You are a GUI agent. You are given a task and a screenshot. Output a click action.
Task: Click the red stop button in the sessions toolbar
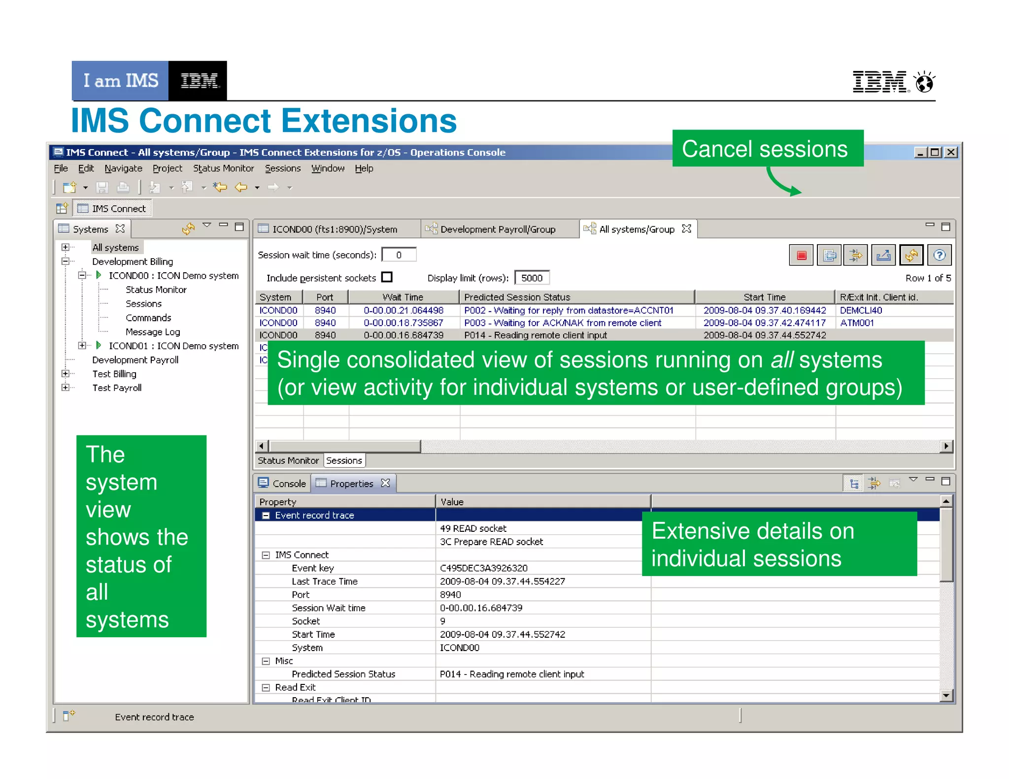click(801, 255)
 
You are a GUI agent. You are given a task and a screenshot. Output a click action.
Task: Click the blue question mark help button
click(939, 255)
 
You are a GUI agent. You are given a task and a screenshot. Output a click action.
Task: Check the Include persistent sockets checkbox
click(387, 277)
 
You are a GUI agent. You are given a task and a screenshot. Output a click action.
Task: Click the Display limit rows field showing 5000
click(532, 278)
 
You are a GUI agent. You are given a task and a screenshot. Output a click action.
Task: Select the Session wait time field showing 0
click(399, 255)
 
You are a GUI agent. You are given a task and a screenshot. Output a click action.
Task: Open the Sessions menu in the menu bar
click(282, 168)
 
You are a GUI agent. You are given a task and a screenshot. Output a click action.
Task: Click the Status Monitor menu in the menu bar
click(223, 168)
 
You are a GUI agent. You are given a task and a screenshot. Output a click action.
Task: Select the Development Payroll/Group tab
click(498, 229)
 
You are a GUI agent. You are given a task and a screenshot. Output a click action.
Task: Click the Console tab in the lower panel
click(289, 484)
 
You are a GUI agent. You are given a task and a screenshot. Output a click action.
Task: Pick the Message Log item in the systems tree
click(153, 332)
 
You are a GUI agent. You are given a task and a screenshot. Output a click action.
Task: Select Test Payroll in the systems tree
click(117, 388)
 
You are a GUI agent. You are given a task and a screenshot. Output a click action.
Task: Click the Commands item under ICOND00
click(148, 318)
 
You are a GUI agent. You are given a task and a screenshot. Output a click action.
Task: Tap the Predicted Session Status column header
click(517, 297)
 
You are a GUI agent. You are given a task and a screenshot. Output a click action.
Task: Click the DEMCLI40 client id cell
click(861, 310)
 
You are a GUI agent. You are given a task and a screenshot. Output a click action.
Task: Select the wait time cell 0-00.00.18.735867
click(403, 323)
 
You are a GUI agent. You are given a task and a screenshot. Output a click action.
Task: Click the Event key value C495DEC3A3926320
click(483, 568)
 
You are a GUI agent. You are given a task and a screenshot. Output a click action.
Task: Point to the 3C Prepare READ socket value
click(491, 542)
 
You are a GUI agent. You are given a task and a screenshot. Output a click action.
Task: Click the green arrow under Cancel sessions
click(783, 183)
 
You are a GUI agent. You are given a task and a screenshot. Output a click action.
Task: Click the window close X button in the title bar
click(951, 152)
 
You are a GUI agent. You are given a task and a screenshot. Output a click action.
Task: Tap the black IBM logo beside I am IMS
click(198, 81)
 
